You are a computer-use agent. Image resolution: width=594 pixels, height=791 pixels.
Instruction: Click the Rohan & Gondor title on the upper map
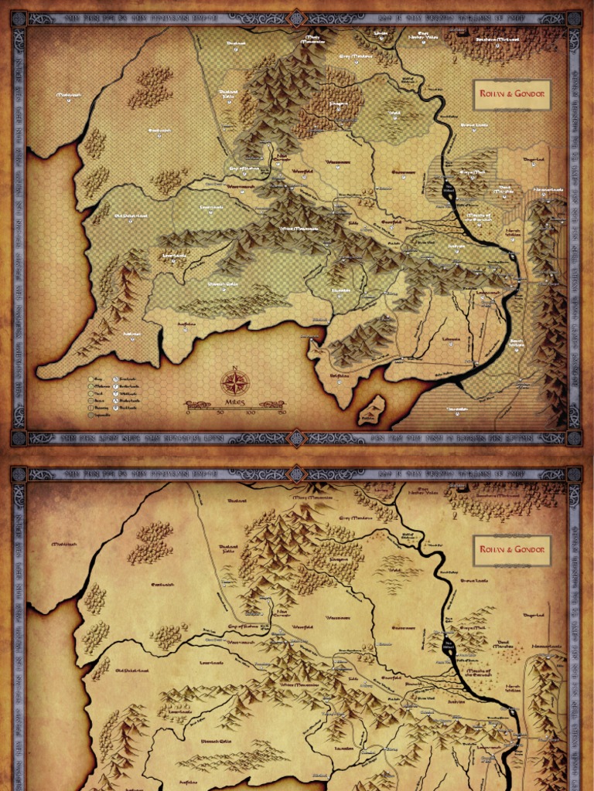pyautogui.click(x=511, y=96)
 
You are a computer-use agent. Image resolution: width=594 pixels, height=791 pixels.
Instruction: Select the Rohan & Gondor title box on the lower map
pyautogui.click(x=511, y=550)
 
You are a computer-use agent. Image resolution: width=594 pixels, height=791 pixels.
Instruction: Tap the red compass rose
pyautogui.click(x=235, y=382)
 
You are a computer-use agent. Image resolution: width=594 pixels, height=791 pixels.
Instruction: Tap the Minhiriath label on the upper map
pyautogui.click(x=70, y=96)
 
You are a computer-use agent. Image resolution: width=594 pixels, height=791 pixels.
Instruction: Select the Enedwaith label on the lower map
pyautogui.click(x=162, y=585)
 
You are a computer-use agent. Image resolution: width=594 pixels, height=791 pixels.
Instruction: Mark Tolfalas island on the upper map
pyautogui.click(x=372, y=409)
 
